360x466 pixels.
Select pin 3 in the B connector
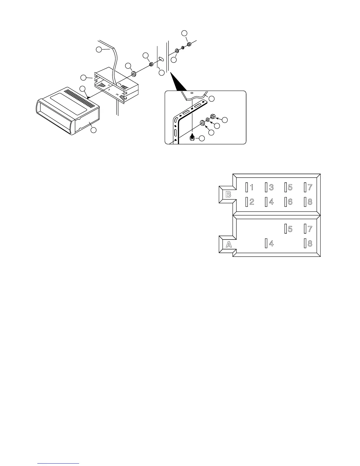[269, 187]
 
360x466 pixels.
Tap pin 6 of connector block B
[289, 202]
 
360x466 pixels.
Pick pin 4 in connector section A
[269, 244]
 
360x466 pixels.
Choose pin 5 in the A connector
[289, 229]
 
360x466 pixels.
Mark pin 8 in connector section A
[308, 244]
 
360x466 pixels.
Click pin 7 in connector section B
[308, 187]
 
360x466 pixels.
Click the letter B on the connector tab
[228, 194]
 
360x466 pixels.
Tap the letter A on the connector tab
[229, 244]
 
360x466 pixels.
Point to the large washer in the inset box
[203, 122]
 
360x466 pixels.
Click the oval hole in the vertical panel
[161, 59]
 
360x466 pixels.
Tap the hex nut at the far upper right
[189, 44]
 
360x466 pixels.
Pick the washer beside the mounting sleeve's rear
[133, 73]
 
